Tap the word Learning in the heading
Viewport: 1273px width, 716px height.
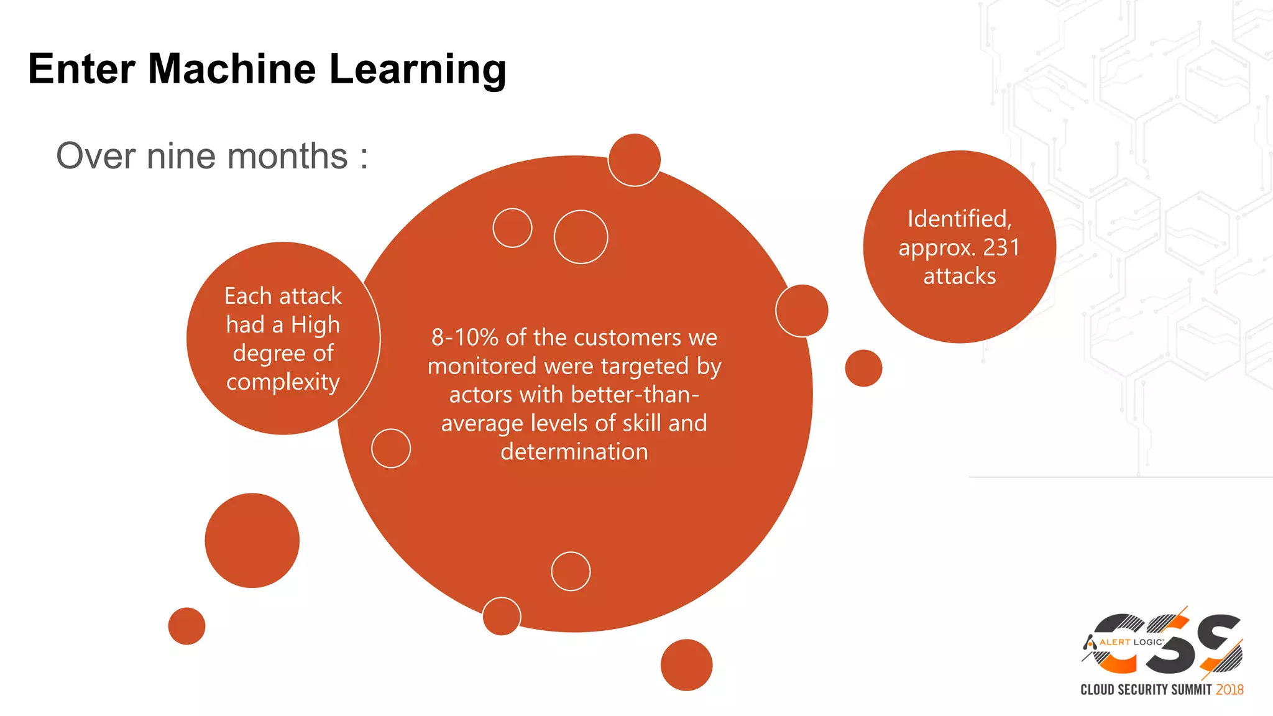click(418, 70)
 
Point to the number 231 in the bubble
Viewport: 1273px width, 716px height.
click(1001, 247)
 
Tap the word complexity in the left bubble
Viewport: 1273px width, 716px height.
click(283, 382)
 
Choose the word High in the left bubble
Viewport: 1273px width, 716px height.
click(315, 324)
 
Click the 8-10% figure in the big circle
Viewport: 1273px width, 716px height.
click(465, 337)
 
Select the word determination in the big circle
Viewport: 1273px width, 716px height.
click(574, 452)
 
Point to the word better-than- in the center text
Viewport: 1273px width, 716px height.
click(635, 395)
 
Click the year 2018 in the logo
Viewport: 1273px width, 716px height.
click(1229, 690)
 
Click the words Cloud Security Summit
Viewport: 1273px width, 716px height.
click(1146, 690)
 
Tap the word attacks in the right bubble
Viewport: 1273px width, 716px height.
click(959, 276)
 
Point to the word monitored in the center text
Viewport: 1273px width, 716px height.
click(482, 366)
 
